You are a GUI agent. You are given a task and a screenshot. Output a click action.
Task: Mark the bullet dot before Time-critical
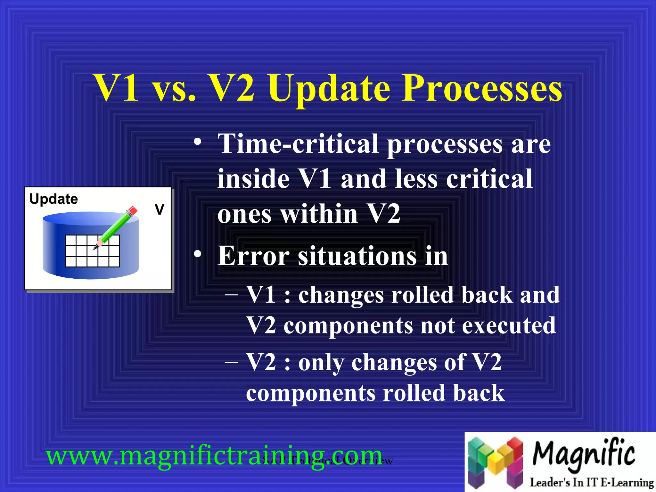198,142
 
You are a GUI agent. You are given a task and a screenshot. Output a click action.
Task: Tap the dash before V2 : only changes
231,362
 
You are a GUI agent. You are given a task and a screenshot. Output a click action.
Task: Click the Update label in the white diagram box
53,199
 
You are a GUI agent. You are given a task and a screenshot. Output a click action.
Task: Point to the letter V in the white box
159,209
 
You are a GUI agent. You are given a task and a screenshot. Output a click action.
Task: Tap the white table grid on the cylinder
92,251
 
